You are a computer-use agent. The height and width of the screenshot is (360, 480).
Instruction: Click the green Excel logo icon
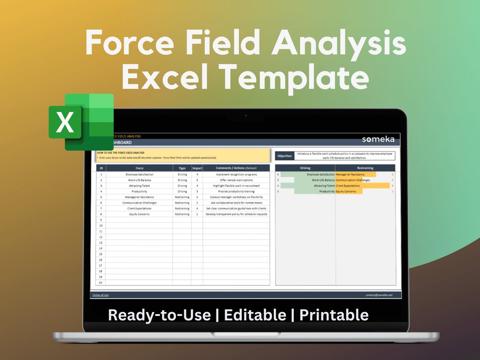(81, 121)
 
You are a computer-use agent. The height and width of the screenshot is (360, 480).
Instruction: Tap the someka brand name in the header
(378, 139)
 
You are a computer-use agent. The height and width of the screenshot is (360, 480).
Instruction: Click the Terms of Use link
(100, 295)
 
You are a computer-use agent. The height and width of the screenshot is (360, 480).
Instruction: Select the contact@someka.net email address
(379, 295)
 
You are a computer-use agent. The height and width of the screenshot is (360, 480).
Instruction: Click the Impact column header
(197, 168)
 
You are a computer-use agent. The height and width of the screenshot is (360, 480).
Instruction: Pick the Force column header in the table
(140, 168)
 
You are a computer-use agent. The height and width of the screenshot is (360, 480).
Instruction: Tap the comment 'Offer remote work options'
(236, 180)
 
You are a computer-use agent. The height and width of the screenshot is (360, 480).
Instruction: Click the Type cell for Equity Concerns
(182, 214)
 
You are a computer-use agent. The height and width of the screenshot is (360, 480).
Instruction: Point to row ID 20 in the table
(101, 283)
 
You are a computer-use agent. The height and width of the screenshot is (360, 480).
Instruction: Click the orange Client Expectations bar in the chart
(363, 186)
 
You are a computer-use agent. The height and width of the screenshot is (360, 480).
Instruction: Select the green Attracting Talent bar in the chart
(308, 186)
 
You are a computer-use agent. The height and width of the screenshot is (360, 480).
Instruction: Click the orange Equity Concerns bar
(349, 192)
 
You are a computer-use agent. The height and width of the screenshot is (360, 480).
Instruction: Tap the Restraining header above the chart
(365, 168)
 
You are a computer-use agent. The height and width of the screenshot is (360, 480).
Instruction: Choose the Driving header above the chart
(305, 168)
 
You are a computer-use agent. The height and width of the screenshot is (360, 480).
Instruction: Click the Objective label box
(285, 156)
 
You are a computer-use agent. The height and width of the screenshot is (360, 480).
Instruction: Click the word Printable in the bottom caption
(334, 315)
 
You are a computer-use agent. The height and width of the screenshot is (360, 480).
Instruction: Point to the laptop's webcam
(245, 116)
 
